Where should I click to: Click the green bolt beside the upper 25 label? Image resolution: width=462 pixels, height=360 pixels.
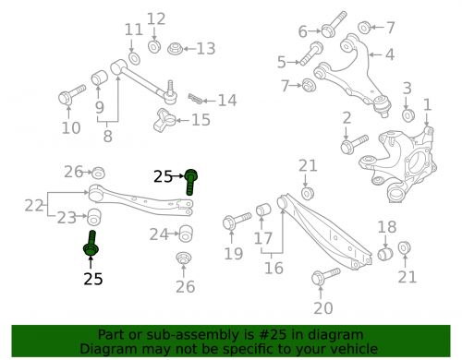pos(191,182)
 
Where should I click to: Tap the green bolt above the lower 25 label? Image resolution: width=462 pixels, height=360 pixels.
pos(91,243)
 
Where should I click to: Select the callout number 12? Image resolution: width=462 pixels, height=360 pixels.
pos(156,18)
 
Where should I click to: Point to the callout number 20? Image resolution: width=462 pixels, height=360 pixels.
pos(323,308)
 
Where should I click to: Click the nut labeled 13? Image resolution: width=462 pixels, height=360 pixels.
pos(176,49)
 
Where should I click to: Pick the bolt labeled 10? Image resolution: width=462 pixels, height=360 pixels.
pos(72,94)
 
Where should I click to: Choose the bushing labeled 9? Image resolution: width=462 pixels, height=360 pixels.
pos(99,78)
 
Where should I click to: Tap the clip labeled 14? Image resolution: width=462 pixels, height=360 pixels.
pos(196,99)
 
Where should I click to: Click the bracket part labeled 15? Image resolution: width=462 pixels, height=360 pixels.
pos(164,120)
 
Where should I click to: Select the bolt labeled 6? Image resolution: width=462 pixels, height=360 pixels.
pos(334,24)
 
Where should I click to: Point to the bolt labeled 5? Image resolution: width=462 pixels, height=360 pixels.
pos(311,53)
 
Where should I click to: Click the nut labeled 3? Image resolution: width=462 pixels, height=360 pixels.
pos(408,114)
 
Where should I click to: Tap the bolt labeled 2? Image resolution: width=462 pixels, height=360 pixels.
pos(354,144)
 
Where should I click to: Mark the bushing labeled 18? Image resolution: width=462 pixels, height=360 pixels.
pos(385,253)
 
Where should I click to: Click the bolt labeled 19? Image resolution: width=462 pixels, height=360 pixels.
pos(237,221)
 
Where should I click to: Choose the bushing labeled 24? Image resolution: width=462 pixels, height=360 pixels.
pos(186,234)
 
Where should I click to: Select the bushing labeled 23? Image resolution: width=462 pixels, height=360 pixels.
pos(94,217)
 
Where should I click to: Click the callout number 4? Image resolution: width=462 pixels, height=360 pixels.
pos(390,54)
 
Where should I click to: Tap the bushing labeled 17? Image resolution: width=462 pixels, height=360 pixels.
pos(263,210)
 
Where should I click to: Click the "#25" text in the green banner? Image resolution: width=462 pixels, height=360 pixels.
pos(274,334)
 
